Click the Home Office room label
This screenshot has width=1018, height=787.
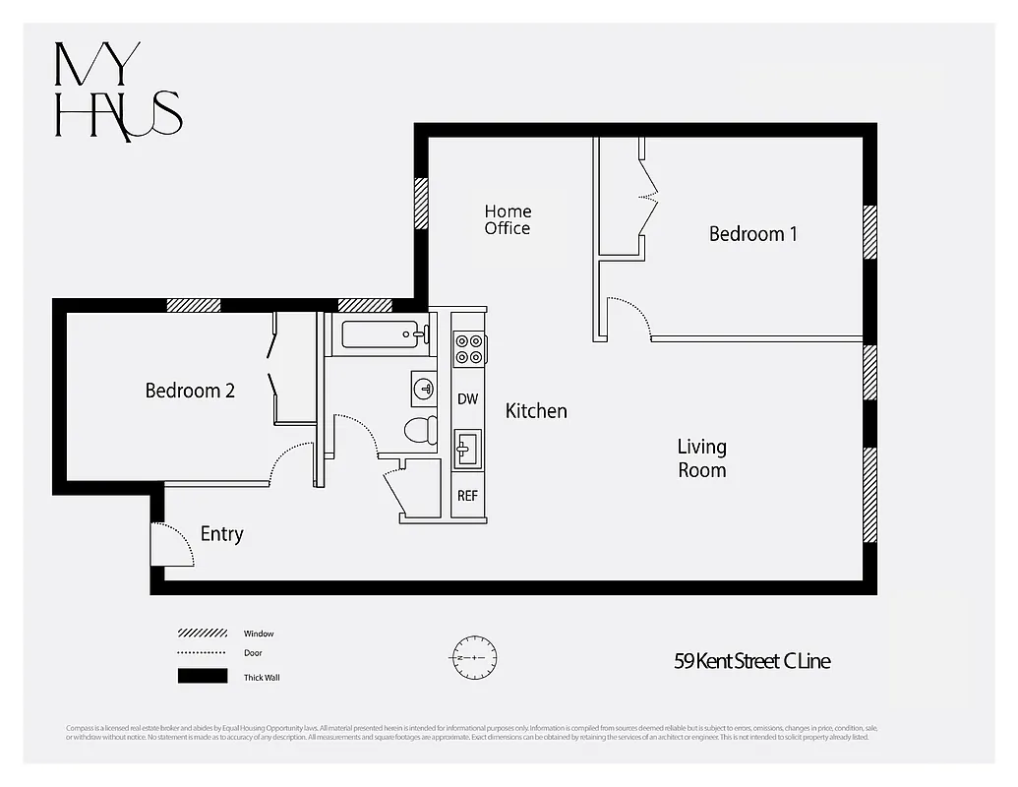pyautogui.click(x=508, y=219)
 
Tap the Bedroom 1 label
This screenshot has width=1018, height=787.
pyautogui.click(x=752, y=234)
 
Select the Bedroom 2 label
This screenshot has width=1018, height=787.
pyautogui.click(x=190, y=391)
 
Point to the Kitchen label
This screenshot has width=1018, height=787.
pyautogui.click(x=536, y=411)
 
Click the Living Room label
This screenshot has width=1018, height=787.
pyautogui.click(x=702, y=458)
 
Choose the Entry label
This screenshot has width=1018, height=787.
pyautogui.click(x=221, y=534)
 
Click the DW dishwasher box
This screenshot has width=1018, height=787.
pyautogui.click(x=468, y=399)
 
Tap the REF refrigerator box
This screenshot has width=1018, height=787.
pyautogui.click(x=468, y=496)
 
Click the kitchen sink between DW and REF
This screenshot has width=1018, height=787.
pyautogui.click(x=467, y=449)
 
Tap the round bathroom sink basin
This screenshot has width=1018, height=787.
pyautogui.click(x=424, y=388)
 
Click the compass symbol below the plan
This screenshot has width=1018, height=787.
pyautogui.click(x=475, y=656)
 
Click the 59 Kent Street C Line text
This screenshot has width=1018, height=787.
pyautogui.click(x=751, y=661)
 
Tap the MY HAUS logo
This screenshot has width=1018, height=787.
pyautogui.click(x=118, y=91)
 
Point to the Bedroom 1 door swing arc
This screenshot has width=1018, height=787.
pyautogui.click(x=629, y=317)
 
